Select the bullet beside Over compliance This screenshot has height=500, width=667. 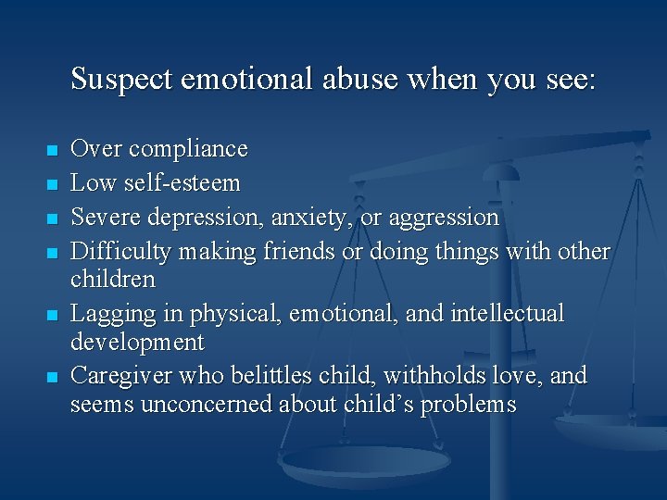click(x=52, y=150)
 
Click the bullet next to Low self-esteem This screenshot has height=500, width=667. click(x=52, y=184)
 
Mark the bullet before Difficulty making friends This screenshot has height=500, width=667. click(x=52, y=253)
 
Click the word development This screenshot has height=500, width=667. click(x=137, y=343)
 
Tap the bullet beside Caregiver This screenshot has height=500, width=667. click(x=52, y=378)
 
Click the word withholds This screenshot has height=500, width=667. click(x=439, y=377)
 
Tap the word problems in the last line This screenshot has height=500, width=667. click(x=469, y=406)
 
